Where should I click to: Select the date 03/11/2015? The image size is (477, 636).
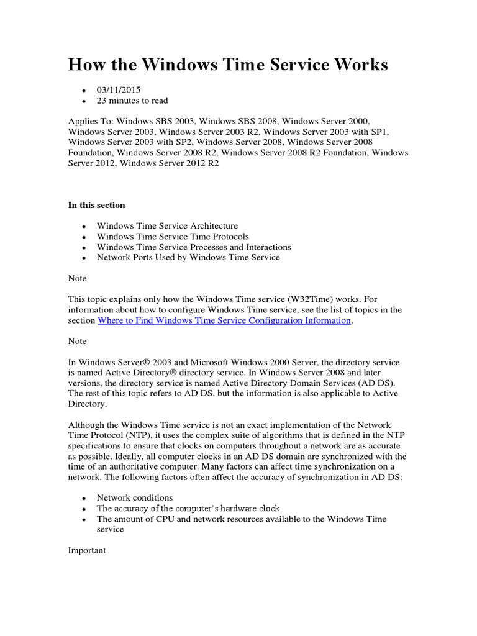tap(119, 90)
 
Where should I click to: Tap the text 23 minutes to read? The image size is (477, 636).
tap(132, 101)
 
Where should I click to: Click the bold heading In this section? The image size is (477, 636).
tap(96, 205)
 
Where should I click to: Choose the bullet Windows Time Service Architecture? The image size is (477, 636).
tap(167, 226)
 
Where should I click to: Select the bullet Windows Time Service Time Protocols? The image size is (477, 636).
tap(173, 237)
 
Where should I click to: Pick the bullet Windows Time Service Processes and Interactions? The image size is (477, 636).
tap(194, 247)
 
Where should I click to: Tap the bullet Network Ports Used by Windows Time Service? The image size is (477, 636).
tap(188, 257)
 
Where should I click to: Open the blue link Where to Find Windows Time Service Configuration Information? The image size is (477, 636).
tap(224, 320)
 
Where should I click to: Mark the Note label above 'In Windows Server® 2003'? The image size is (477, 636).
tap(77, 342)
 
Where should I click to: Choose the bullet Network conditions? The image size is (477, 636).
tap(135, 498)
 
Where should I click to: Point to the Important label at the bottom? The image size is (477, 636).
tap(88, 550)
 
